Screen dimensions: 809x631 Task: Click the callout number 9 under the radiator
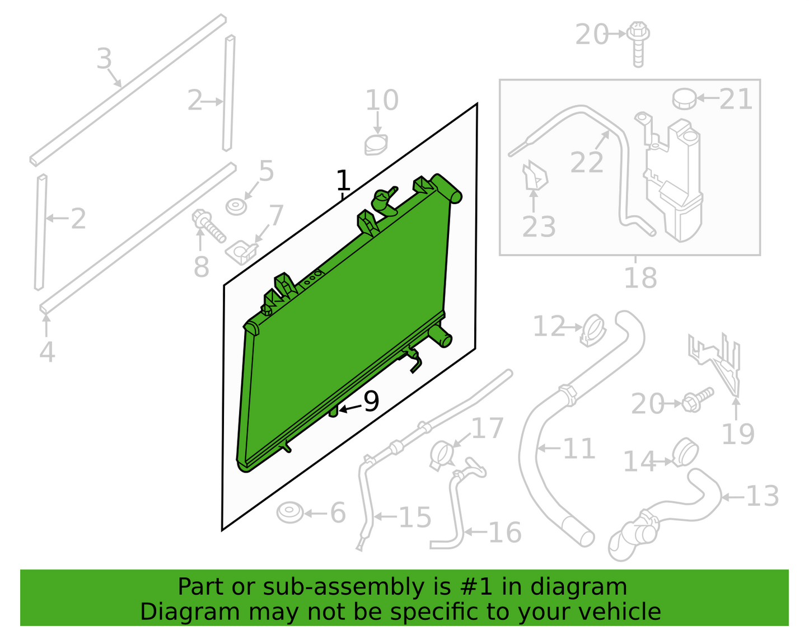tap(371, 402)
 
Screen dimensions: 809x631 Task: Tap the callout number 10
tap(382, 100)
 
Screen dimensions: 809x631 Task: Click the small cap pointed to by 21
tap(684, 99)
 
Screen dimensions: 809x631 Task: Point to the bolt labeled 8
tap(208, 225)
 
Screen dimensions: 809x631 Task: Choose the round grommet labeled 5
tap(236, 207)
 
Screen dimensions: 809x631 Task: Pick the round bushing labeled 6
tap(289, 513)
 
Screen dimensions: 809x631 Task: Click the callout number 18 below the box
tap(640, 278)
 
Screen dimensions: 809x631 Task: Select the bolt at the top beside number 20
tap(638, 44)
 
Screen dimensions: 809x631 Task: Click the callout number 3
tap(104, 58)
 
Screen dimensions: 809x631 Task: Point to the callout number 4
tap(47, 352)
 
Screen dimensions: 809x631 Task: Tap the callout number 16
tap(504, 532)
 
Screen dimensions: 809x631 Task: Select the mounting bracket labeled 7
tap(242, 252)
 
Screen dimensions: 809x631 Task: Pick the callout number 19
tap(737, 434)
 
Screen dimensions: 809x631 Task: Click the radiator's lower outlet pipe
tap(441, 337)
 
